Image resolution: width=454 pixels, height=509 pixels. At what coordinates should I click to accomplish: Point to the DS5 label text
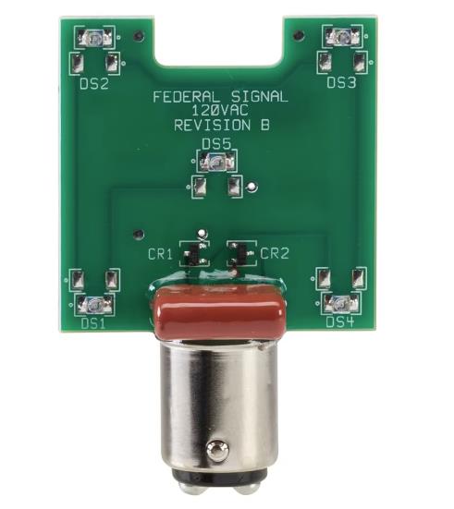pyautogui.click(x=216, y=143)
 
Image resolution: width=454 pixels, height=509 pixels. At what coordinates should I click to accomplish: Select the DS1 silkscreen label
pyautogui.click(x=93, y=323)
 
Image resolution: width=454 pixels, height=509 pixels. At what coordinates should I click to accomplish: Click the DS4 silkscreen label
pyautogui.click(x=340, y=321)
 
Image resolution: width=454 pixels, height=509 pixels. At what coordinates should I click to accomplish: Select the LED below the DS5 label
pyautogui.click(x=216, y=163)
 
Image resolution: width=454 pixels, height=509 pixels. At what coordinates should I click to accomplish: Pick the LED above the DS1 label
pyautogui.click(x=94, y=303)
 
